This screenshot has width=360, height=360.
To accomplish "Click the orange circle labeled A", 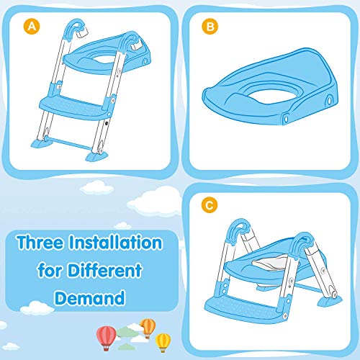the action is click(32, 26).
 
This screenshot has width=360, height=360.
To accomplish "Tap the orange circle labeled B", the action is click(210, 26).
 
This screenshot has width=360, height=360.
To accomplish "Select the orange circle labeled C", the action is click(210, 205).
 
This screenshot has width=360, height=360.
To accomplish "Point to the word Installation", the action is click(115, 243).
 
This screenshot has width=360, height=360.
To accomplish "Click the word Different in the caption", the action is click(105, 270).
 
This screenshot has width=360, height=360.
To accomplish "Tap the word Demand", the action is click(90, 298).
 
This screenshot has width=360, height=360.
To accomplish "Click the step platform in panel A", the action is click(73, 107).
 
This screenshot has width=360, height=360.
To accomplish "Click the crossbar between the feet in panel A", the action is click(69, 143).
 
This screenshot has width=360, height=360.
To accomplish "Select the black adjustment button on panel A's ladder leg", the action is click(106, 123).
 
